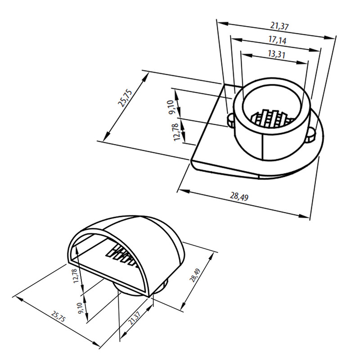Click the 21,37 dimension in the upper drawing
coord(279,26)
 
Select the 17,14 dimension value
coord(278,40)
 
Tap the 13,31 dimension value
coord(277,54)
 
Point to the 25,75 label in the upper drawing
coord(125,99)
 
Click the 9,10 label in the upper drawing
coord(173,107)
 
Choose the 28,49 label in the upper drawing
coord(239,197)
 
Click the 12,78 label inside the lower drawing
coord(76,275)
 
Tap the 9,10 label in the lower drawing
coord(81,308)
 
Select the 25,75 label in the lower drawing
coord(58,316)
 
